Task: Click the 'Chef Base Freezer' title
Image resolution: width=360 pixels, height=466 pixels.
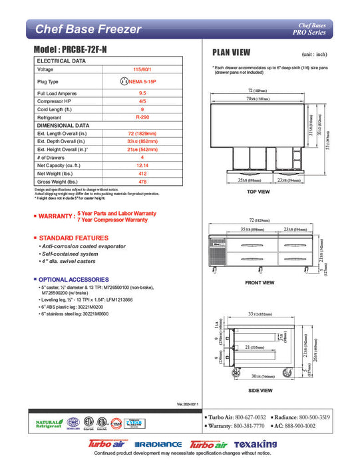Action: tap(88, 29)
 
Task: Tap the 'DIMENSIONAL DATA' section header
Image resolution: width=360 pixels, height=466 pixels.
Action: tap(63, 125)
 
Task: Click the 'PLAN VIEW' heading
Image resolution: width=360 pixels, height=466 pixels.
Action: tap(231, 53)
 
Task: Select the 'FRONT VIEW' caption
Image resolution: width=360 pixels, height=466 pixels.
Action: tap(260, 283)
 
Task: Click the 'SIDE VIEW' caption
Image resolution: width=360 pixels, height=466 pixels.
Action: tap(260, 390)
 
